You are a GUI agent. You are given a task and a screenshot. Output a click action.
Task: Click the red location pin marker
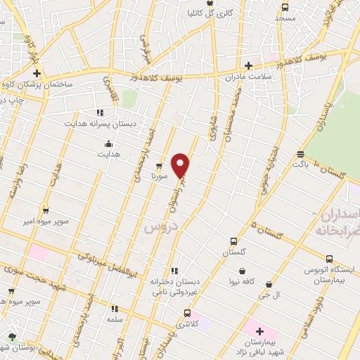(181, 165)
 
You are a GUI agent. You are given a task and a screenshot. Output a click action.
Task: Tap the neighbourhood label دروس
(159, 227)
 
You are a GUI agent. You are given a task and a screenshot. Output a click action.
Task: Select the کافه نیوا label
(242, 283)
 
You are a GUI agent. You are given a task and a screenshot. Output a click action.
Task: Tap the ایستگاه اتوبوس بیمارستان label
(330, 274)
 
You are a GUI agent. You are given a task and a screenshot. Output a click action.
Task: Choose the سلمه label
(114, 319)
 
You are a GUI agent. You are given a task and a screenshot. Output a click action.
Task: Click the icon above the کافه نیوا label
(242, 271)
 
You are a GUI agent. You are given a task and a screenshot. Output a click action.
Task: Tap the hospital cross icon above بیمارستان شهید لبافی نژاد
(259, 330)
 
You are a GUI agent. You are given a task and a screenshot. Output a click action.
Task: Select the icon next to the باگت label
(301, 154)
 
